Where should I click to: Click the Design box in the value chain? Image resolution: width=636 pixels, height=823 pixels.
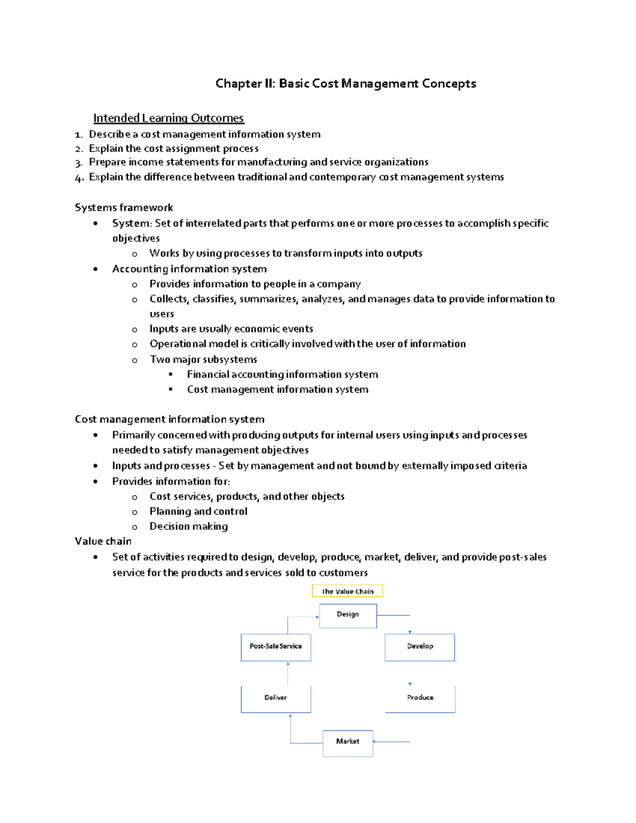pos(348,615)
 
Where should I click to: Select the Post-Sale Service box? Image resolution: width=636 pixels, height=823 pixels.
pos(276,647)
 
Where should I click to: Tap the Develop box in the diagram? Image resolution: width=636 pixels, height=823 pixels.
pos(420,647)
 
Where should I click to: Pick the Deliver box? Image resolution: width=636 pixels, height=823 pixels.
pos(276,698)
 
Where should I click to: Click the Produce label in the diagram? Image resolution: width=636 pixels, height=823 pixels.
pos(420,697)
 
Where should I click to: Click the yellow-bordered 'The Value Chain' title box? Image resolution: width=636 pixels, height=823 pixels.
pos(347,591)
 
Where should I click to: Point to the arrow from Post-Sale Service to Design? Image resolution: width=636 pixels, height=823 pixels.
pos(297,617)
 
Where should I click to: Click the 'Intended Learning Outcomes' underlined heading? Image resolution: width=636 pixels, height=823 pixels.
pos(169,118)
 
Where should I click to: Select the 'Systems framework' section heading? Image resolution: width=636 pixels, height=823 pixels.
pos(124,208)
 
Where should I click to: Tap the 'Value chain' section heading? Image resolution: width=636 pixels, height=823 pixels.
pos(103,541)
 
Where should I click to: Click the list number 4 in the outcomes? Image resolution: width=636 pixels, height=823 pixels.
pos(79,178)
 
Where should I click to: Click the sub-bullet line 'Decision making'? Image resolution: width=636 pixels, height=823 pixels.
pos(189,526)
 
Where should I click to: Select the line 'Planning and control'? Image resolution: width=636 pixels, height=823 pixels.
pos(198,511)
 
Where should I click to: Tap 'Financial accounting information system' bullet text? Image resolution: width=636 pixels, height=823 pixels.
pos(282,375)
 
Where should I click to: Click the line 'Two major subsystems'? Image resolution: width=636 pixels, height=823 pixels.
pos(204,359)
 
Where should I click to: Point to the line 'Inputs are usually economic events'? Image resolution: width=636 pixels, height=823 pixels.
pos(231,329)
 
